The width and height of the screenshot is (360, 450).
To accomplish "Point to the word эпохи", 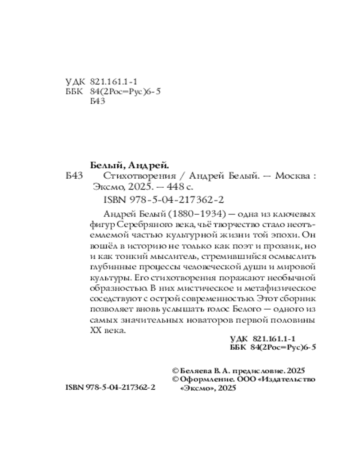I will tap(281, 234).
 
